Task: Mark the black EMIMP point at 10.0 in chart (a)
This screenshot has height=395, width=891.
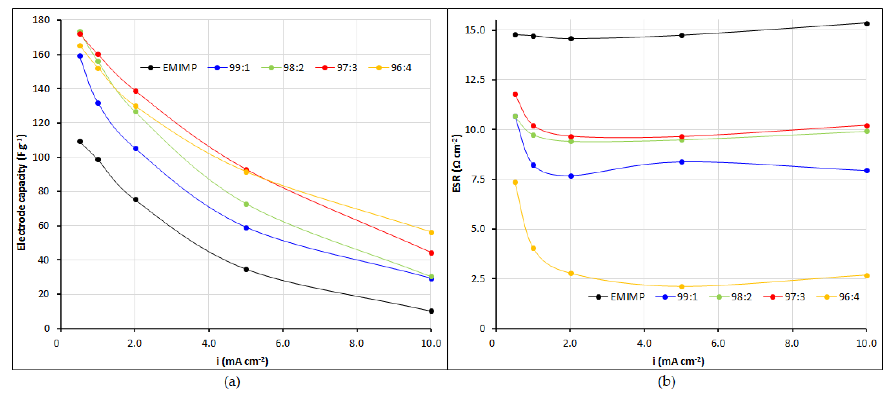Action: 431,311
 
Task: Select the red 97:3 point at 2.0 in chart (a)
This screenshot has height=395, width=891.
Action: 136,91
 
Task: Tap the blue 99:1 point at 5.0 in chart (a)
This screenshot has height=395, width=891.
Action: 246,228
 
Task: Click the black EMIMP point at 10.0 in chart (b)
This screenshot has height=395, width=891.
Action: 867,24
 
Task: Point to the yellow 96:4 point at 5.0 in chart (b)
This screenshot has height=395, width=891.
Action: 681,287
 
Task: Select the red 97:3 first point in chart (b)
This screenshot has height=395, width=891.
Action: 515,94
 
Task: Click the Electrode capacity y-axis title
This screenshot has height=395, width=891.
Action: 21,192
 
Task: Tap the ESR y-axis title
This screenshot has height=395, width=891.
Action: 457,163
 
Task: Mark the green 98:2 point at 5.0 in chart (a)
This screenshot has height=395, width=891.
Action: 246,204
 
